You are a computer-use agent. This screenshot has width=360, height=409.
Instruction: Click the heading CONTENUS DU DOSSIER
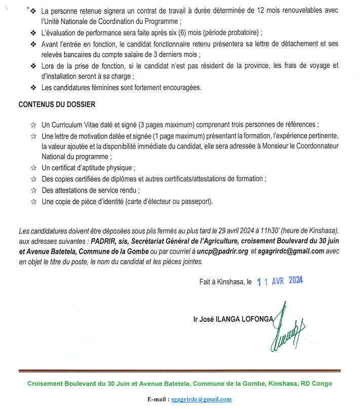(57, 105)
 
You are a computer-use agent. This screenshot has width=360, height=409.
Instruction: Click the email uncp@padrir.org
(222, 251)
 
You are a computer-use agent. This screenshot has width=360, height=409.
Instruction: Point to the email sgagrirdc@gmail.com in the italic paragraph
(291, 251)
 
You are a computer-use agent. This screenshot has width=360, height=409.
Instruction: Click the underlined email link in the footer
(202, 400)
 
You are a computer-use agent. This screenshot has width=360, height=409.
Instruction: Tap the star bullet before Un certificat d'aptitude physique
(33, 168)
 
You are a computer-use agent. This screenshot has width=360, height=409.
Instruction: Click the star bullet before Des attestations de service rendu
(33, 190)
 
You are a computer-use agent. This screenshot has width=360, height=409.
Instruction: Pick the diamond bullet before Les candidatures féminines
(33, 88)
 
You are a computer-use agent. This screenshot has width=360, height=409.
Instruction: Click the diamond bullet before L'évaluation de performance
(33, 33)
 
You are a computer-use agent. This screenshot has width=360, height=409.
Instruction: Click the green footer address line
(180, 384)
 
